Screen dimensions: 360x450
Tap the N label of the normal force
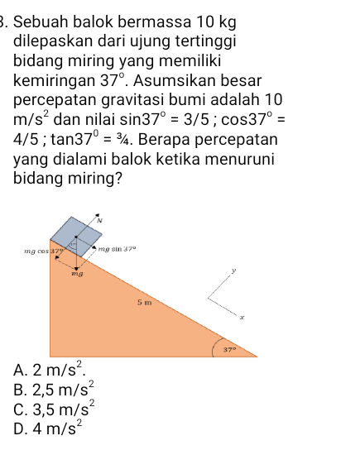click(x=98, y=221)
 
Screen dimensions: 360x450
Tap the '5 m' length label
click(x=145, y=304)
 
